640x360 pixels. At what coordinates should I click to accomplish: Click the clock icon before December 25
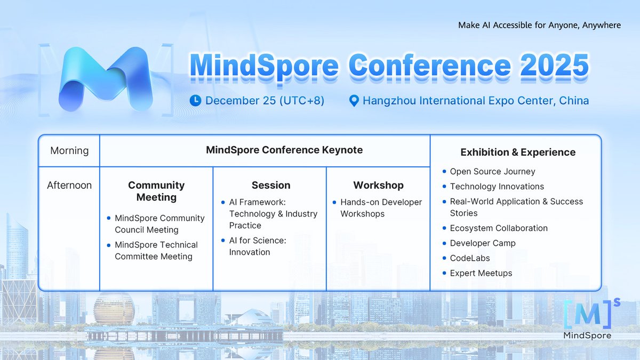[x=196, y=100]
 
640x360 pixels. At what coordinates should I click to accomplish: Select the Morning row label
[x=69, y=151]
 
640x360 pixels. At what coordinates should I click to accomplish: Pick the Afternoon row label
[x=69, y=186]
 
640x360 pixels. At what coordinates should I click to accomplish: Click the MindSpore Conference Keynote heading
[x=284, y=150]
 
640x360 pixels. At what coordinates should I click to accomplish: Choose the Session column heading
[x=271, y=186]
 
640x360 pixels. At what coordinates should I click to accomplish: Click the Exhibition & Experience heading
[x=518, y=153]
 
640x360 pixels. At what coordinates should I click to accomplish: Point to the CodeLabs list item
[x=470, y=258]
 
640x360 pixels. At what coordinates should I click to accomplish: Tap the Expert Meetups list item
[x=481, y=273]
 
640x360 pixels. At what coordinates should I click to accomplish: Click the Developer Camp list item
[x=483, y=243]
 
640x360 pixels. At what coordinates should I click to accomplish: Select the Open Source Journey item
[x=492, y=172]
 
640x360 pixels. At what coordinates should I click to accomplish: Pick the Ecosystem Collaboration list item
[x=499, y=228]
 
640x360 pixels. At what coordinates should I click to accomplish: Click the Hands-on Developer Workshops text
[x=381, y=208]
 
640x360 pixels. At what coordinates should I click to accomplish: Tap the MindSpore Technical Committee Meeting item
[x=156, y=251]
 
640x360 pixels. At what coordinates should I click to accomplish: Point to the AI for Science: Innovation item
[x=258, y=246]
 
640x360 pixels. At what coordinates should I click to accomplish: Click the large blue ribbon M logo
[x=105, y=79]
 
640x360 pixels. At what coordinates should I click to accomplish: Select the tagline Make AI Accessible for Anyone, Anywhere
[x=539, y=26]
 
